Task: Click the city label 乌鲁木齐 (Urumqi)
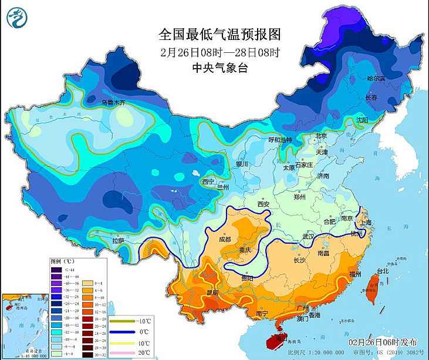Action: point(114,102)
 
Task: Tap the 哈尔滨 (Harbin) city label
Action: point(376,78)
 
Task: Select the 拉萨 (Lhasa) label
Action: point(117,240)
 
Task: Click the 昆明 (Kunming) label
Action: point(212,292)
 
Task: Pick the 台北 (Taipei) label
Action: point(383,271)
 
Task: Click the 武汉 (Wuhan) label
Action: point(309,236)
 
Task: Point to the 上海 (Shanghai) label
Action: point(366,223)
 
